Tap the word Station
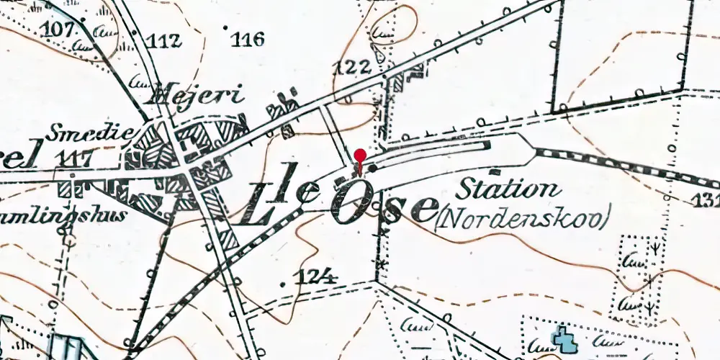click(x=509, y=190)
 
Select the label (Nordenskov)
click(x=523, y=217)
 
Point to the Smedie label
click(x=89, y=132)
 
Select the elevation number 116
click(x=248, y=39)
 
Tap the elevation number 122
click(x=353, y=68)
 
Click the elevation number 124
click(x=317, y=276)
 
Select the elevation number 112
click(x=163, y=40)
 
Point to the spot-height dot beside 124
click(x=283, y=284)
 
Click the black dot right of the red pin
click(x=372, y=168)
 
